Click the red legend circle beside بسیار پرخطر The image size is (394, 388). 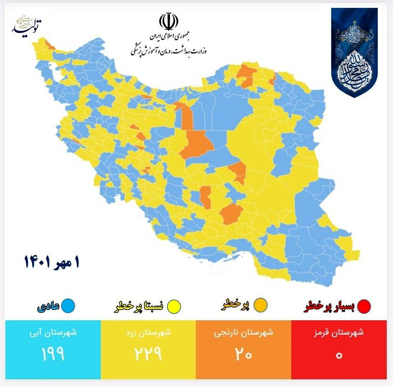click(366, 306)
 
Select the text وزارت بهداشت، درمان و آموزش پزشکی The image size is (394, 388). click(169, 51)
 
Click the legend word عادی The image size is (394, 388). click(49, 306)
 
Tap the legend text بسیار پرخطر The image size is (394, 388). click(331, 306)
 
